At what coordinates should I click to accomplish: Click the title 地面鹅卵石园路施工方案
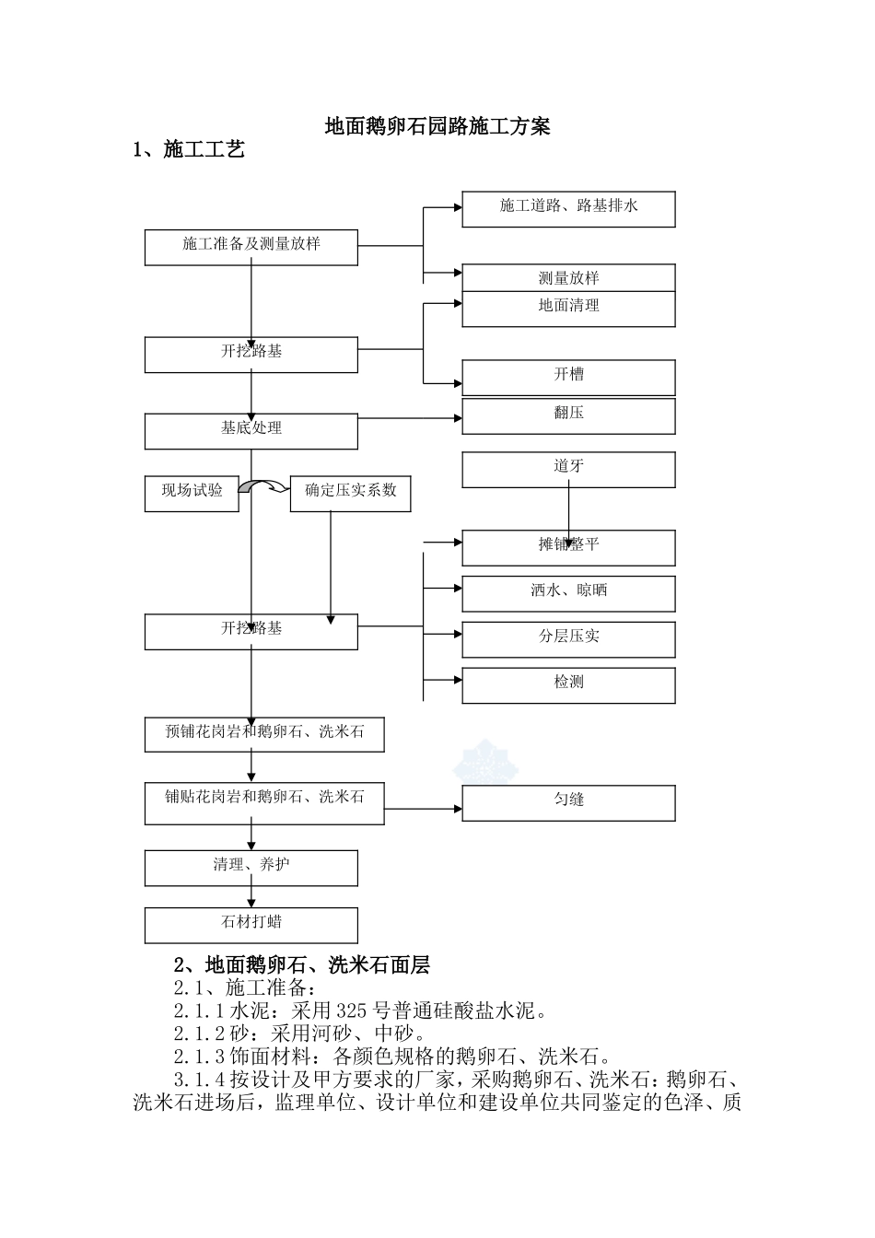pos(437,127)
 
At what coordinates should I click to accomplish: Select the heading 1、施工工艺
pos(189,149)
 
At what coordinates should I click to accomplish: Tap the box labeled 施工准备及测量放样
pos(251,247)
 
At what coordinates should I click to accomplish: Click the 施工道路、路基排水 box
pos(568,209)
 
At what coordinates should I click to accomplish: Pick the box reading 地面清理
pos(568,309)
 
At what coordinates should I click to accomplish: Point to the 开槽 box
pos(568,378)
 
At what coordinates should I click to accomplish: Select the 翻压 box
pos(568,415)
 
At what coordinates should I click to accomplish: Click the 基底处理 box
pos(251,431)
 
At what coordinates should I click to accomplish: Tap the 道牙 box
pos(568,470)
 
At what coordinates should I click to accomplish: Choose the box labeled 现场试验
pos(192,493)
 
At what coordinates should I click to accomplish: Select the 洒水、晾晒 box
pos(568,593)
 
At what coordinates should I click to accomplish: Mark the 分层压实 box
pos(568,639)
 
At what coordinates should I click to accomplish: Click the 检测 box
pos(568,685)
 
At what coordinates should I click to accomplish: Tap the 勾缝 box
pos(568,802)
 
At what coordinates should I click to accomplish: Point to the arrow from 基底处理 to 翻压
pos(410,419)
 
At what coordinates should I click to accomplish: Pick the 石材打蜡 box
pos(251,925)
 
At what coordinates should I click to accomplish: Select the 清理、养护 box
pos(251,868)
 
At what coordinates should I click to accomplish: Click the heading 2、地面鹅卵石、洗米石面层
pos(302,964)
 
